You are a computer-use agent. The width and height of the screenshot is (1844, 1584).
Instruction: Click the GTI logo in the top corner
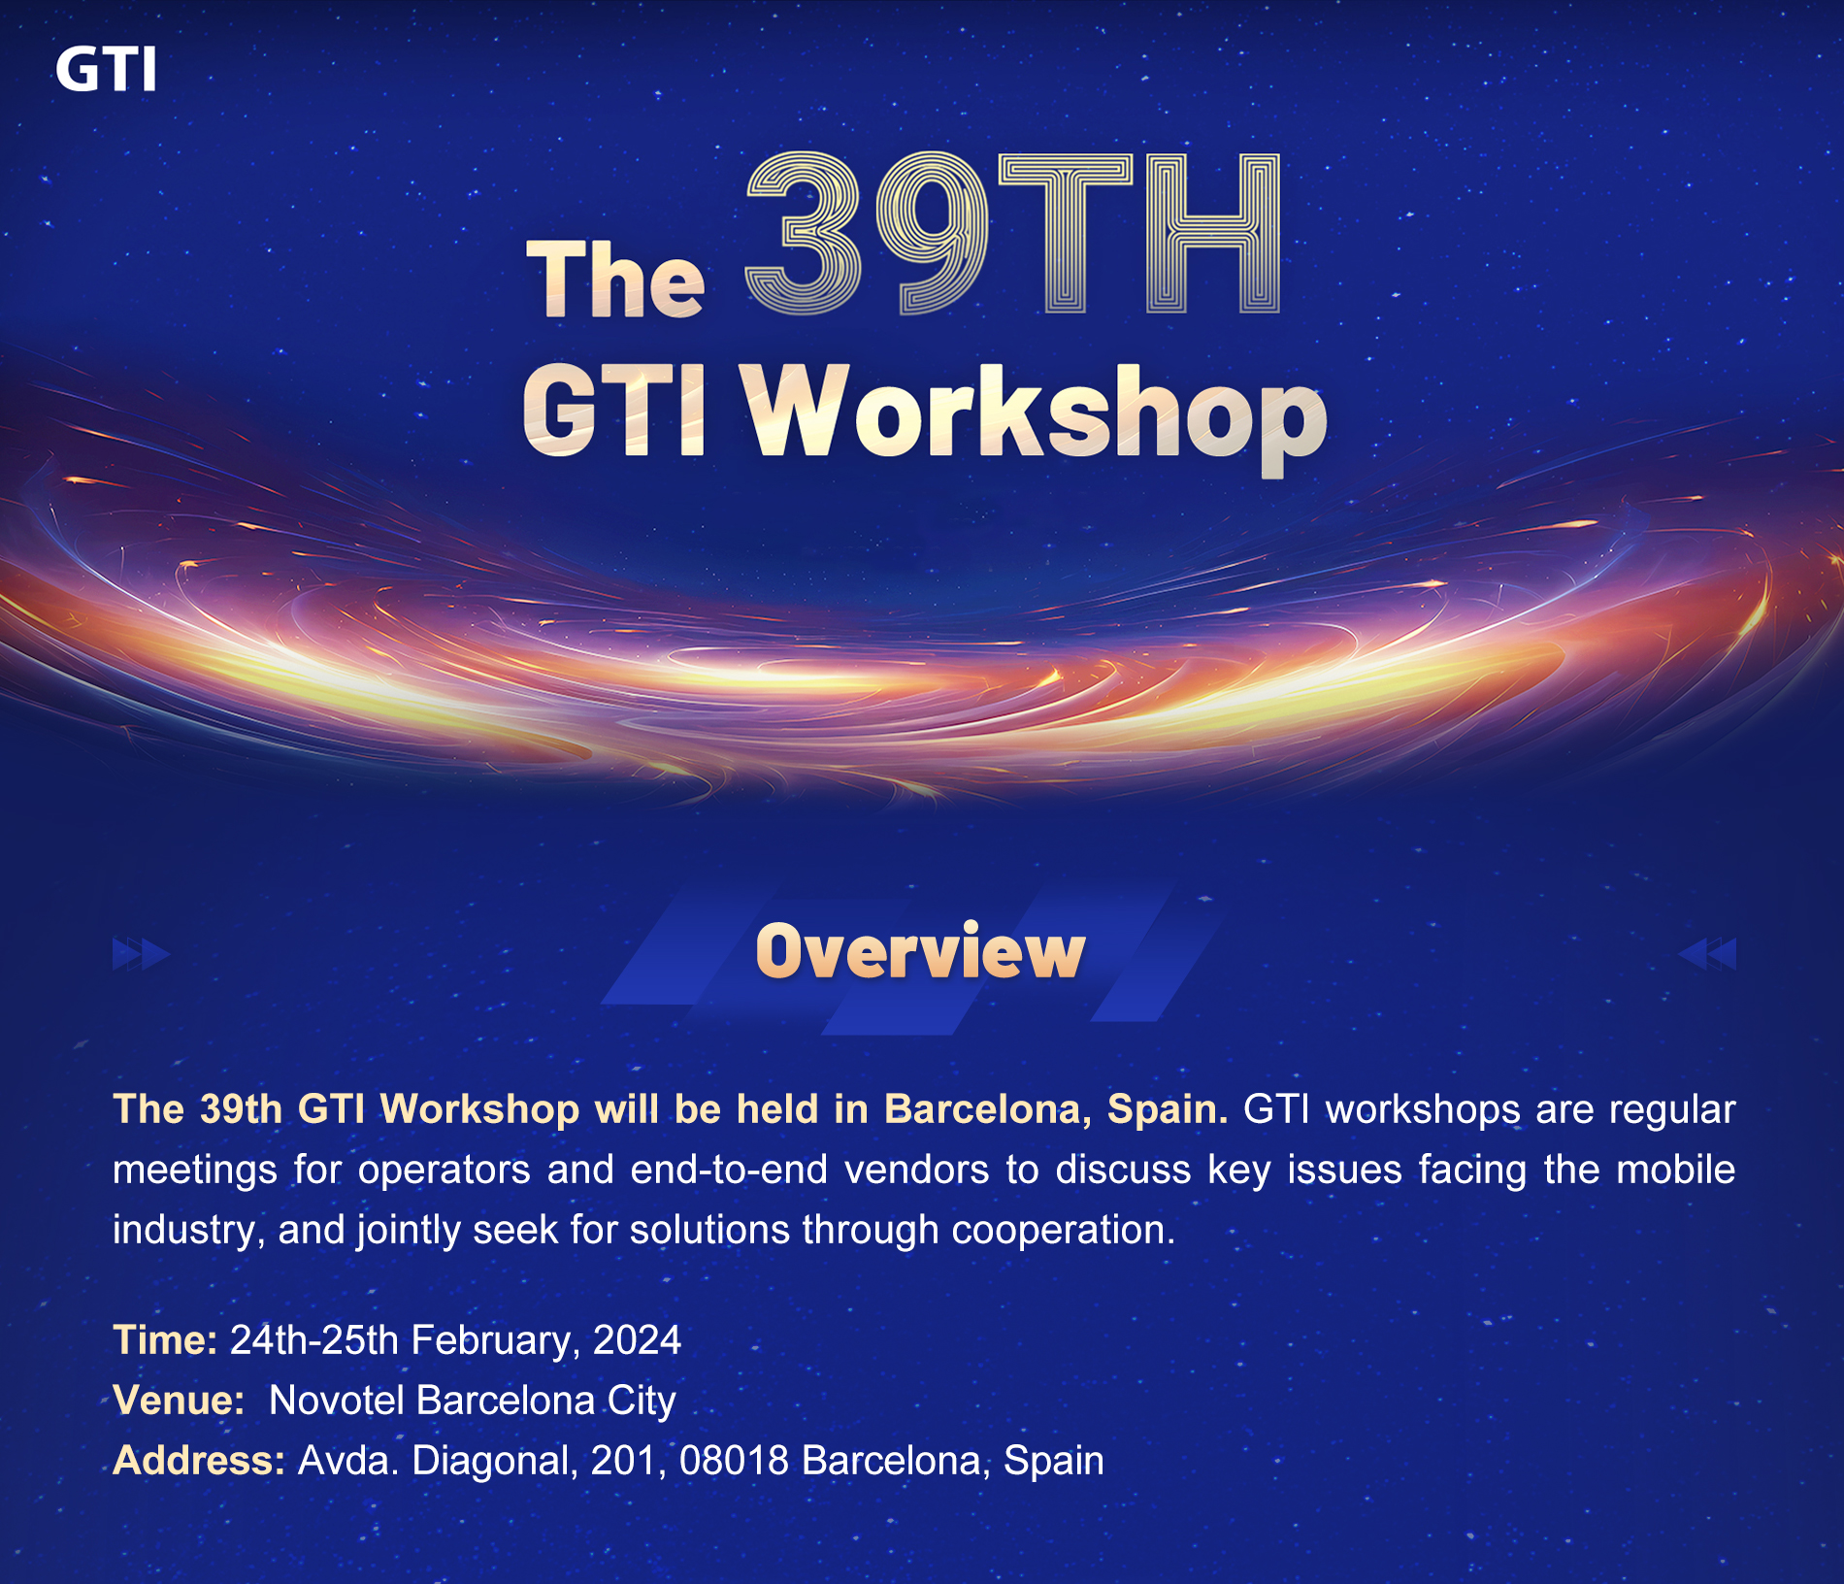[x=106, y=70]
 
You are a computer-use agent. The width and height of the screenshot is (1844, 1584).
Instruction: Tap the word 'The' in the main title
[x=615, y=279]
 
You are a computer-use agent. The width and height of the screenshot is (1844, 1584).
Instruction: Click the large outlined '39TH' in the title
[x=1013, y=234]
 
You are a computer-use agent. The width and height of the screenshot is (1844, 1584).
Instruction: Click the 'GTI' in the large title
[x=614, y=411]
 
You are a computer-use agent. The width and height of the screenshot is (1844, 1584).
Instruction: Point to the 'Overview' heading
[x=920, y=951]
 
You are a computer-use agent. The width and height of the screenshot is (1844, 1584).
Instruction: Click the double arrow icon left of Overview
[x=142, y=954]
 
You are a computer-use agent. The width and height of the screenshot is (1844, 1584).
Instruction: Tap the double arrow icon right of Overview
[x=1707, y=954]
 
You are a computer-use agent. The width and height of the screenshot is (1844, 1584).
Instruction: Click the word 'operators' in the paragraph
[x=445, y=1171]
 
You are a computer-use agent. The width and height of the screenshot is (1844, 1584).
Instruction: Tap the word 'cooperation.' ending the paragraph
[x=1064, y=1231]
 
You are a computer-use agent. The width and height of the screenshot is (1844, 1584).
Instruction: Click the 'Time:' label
[x=165, y=1340]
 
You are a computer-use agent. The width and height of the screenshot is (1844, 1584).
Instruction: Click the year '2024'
[x=637, y=1340]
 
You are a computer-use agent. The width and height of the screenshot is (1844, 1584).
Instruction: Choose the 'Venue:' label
[x=179, y=1401]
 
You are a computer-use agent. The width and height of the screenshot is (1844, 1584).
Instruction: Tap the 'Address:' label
[x=199, y=1461]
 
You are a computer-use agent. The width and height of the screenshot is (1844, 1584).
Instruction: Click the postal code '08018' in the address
[x=735, y=1461]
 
